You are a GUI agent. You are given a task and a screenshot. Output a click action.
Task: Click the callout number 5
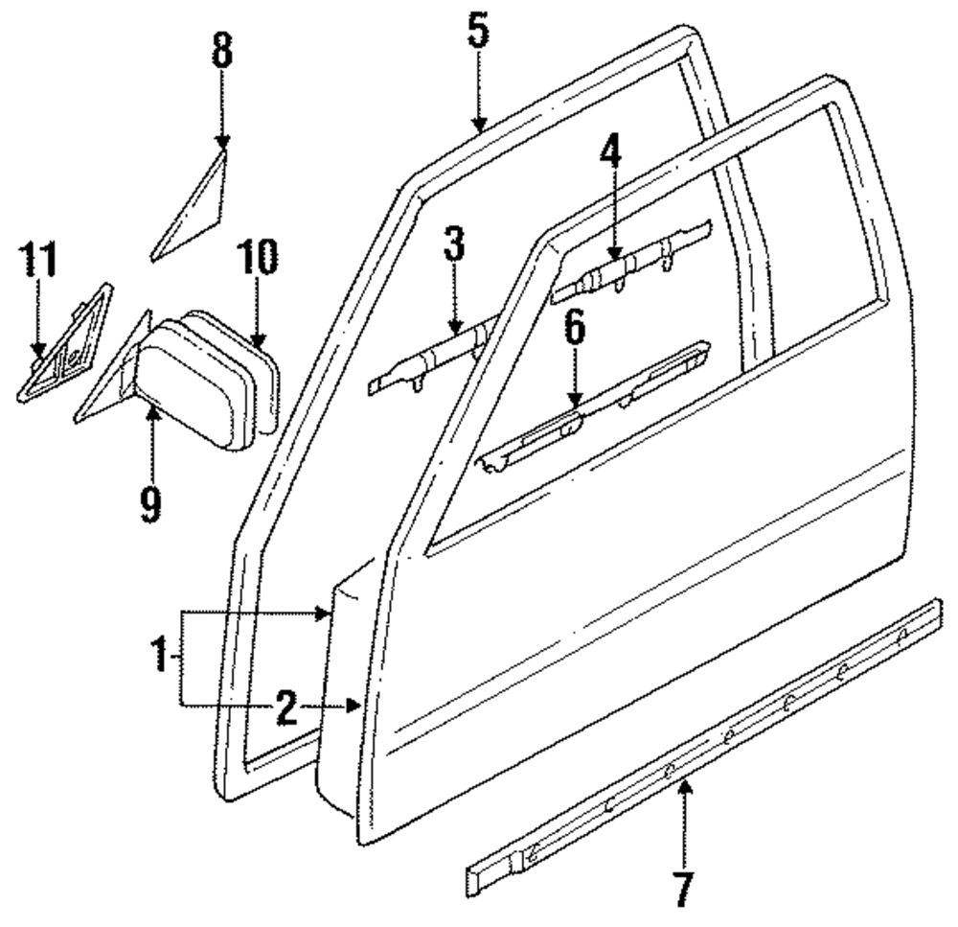pyautogui.click(x=478, y=31)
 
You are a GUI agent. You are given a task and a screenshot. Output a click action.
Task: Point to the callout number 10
pyautogui.click(x=257, y=259)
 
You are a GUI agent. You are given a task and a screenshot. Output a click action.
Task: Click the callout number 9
pyautogui.click(x=150, y=501)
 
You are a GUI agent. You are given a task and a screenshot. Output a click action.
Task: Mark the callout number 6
pyautogui.click(x=574, y=332)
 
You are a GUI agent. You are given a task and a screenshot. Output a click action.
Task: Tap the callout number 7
pyautogui.click(x=682, y=891)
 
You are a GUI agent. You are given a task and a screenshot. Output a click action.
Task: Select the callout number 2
pyautogui.click(x=285, y=707)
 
